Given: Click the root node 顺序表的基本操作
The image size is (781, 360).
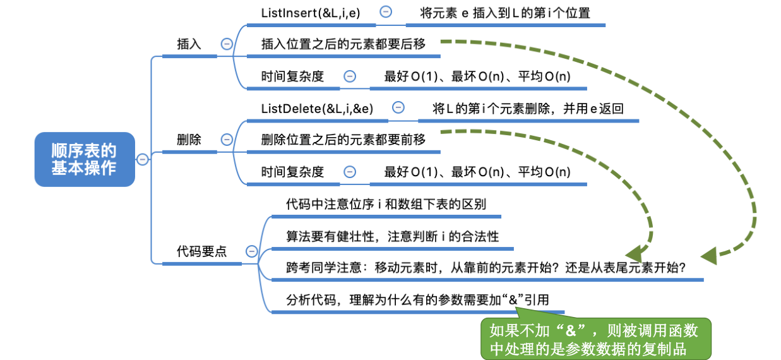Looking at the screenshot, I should point(84,159).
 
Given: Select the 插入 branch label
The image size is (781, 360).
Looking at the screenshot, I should point(189,44).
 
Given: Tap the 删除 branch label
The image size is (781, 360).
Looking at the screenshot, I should point(189,140).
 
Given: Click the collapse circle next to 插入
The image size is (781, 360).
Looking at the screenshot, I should point(226,44).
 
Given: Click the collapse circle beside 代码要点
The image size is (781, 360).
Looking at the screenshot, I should point(251,251).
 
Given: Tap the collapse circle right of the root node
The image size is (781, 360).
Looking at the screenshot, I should point(143,159).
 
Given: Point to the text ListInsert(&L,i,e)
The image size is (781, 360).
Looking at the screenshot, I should point(310,12).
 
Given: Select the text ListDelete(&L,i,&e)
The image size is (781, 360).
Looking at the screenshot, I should point(317,108).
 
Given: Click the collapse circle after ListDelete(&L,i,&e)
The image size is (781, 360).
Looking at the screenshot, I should point(398,107).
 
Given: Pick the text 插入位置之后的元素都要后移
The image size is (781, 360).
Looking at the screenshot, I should point(343,44).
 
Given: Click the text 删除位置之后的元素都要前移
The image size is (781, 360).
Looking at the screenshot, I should point(343,140).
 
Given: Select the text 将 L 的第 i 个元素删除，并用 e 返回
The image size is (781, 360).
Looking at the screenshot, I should point(528,108).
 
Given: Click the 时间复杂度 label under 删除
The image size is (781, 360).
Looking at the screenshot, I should point(292,172).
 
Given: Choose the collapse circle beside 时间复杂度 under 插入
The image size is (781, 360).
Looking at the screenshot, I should point(349,76).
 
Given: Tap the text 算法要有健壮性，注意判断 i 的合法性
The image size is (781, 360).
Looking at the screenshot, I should point(392,236).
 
